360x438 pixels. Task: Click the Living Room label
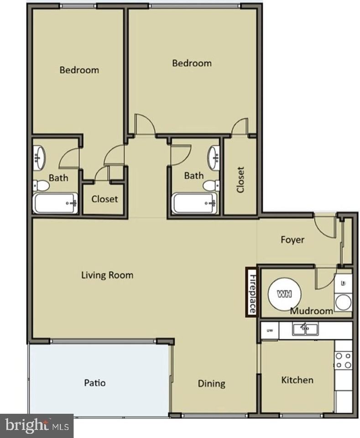107,275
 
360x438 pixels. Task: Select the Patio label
95,382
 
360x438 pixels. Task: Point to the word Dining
211,383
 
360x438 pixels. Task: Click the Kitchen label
297,380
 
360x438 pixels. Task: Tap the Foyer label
292,240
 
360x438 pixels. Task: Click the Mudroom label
312,312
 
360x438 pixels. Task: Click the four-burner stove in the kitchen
343,360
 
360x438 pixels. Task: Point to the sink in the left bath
39,157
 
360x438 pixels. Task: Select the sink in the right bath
214,157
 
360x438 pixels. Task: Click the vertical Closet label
240,179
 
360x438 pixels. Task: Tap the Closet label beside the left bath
104,199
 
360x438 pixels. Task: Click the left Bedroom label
79,70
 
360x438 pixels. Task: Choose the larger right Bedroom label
192,63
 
